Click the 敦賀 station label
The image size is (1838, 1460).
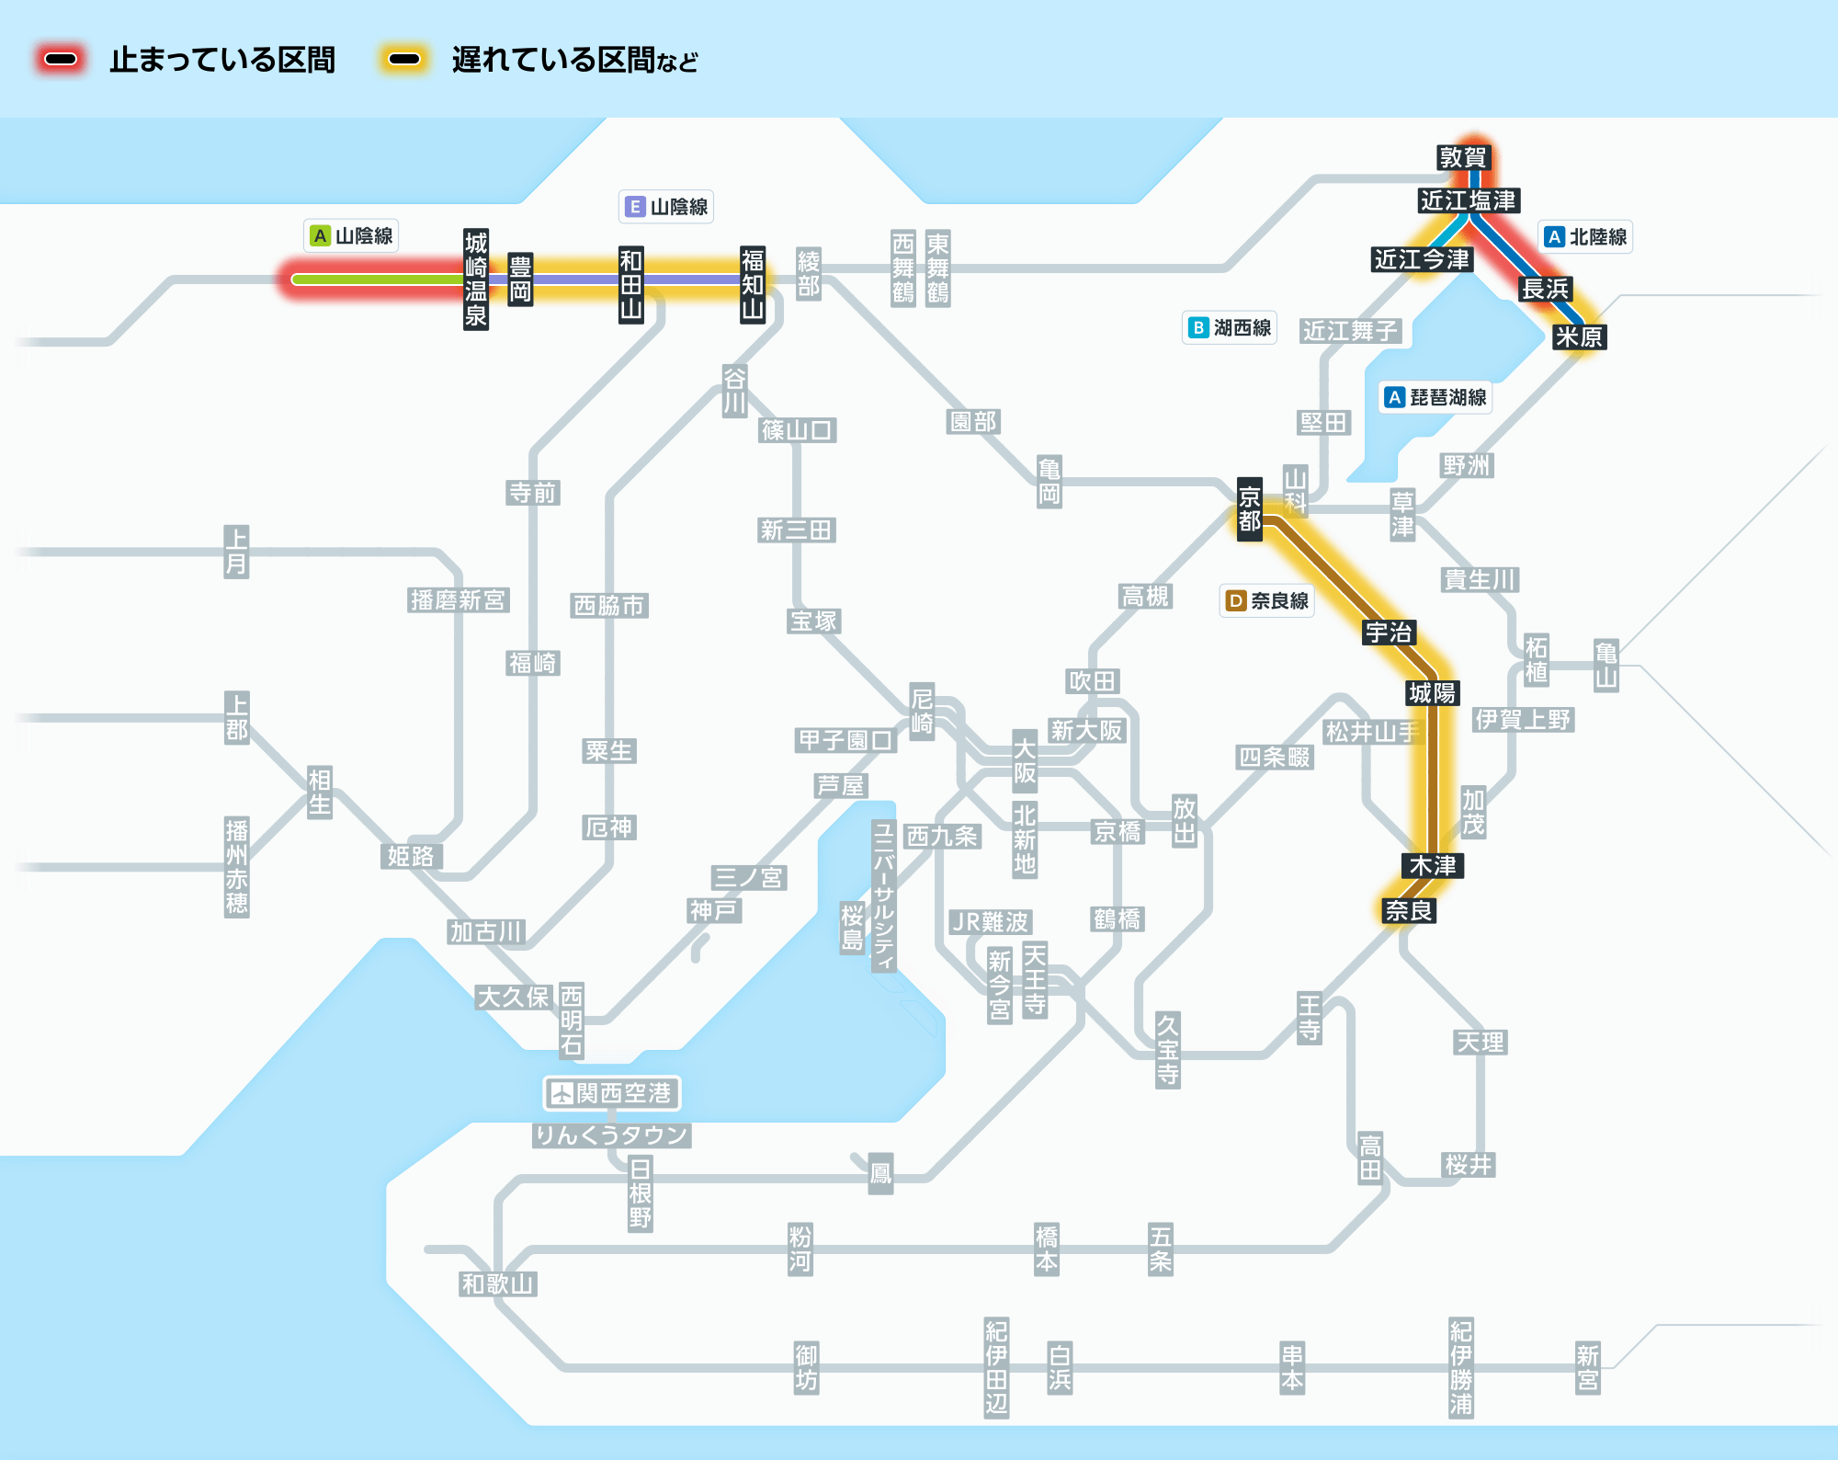(x=1462, y=157)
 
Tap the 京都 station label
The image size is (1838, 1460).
(x=1250, y=509)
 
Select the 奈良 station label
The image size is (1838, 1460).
(x=1409, y=910)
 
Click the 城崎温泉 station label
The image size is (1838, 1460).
(x=476, y=279)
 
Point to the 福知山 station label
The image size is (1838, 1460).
(x=753, y=284)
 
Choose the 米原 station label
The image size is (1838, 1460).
(x=1579, y=337)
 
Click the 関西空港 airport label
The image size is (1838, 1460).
(x=612, y=1093)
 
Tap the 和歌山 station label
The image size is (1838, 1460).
(x=497, y=1283)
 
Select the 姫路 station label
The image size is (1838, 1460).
(x=411, y=856)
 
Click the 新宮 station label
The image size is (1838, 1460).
(x=1588, y=1367)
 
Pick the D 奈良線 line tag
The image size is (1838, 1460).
(x=1267, y=600)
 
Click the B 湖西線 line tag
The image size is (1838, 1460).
(x=1230, y=327)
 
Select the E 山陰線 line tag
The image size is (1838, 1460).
(x=666, y=207)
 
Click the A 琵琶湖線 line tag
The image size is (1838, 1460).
(x=1436, y=397)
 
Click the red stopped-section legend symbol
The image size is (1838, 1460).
(x=61, y=60)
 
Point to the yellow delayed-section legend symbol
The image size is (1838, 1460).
(x=404, y=60)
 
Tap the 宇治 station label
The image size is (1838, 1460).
(x=1389, y=633)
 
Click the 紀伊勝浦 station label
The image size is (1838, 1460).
(x=1461, y=1367)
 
